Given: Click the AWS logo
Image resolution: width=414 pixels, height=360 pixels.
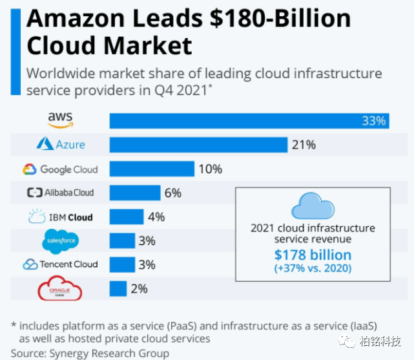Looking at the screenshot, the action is pyautogui.click(x=61, y=120).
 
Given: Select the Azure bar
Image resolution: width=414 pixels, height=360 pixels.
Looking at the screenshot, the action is pyautogui.click(x=198, y=145).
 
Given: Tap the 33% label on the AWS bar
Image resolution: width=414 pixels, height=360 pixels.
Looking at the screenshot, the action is pyautogui.click(x=373, y=121).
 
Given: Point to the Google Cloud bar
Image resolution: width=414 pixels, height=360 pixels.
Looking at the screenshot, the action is pyautogui.click(x=152, y=169).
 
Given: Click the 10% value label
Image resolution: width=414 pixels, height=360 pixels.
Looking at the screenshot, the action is pyautogui.click(x=211, y=169).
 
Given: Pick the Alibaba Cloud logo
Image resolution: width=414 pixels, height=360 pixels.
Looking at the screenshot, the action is pyautogui.click(x=61, y=193).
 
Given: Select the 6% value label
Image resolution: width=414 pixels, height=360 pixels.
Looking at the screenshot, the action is pyautogui.click(x=173, y=193).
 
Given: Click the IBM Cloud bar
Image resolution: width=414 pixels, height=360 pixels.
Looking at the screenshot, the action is pyautogui.click(x=127, y=217).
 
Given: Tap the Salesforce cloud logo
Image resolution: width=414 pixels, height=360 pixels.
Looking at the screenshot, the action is pyautogui.click(x=61, y=241).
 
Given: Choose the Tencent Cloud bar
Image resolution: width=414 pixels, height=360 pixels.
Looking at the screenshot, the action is pyautogui.click(x=122, y=264).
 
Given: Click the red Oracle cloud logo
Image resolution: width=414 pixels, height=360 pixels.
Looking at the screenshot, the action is pyautogui.click(x=60, y=288).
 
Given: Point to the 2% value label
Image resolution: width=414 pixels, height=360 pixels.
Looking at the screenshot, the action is pyautogui.click(x=139, y=289).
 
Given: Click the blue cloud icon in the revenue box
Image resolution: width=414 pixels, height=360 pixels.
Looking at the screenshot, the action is pyautogui.click(x=313, y=206).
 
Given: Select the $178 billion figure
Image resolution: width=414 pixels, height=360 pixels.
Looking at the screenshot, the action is pyautogui.click(x=313, y=255).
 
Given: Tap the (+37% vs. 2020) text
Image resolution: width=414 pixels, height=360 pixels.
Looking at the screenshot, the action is pyautogui.click(x=313, y=268).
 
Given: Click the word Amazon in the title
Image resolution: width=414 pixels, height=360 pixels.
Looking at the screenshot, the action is pyautogui.click(x=76, y=19).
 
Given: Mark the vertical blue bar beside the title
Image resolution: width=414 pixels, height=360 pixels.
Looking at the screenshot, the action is pyautogui.click(x=16, y=52).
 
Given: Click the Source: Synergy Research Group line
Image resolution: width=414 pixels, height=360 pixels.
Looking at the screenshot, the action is pyautogui.click(x=90, y=353).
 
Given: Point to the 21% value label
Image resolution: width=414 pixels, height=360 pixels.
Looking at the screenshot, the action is pyautogui.click(x=304, y=145).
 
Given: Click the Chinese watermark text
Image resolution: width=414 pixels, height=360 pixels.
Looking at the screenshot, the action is pyautogui.click(x=380, y=341).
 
